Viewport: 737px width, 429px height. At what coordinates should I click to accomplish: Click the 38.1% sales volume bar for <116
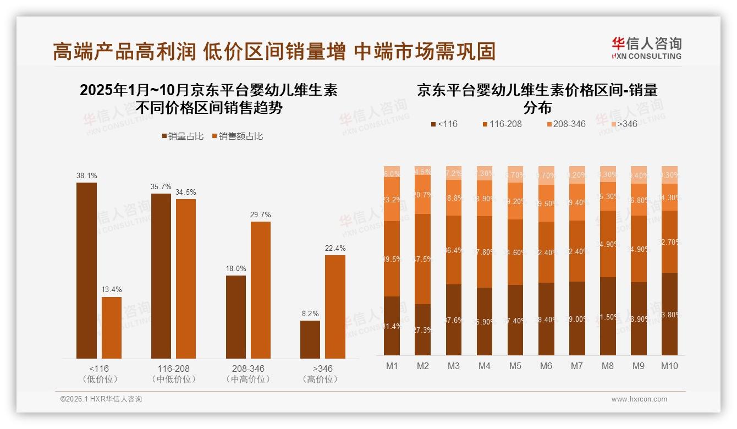click(86, 271)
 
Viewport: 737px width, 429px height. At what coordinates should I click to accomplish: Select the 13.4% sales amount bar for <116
click(112, 328)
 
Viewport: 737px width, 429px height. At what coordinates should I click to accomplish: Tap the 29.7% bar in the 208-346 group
click(261, 290)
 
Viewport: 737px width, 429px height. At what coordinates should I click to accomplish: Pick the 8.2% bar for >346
click(310, 339)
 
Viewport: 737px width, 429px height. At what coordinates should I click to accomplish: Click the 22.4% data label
click(335, 249)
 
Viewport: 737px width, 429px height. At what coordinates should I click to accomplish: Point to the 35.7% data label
click(161, 187)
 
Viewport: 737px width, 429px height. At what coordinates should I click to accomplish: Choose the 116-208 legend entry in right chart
click(501, 124)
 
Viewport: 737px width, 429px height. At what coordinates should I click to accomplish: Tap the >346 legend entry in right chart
click(623, 124)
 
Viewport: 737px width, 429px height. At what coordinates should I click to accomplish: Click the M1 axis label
click(392, 366)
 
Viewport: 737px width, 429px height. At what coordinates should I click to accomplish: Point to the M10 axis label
click(669, 366)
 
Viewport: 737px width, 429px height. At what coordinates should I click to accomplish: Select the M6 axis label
click(546, 366)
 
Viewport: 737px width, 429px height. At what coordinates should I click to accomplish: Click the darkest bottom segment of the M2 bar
click(423, 329)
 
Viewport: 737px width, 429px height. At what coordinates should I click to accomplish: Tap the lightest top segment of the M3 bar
click(454, 173)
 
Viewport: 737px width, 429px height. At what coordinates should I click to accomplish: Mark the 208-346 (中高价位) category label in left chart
click(248, 374)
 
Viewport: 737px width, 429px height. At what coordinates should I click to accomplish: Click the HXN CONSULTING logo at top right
click(646, 48)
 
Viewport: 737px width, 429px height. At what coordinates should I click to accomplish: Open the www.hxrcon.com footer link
click(639, 399)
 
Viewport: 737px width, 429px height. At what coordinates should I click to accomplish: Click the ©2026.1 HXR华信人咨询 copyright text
click(101, 399)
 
